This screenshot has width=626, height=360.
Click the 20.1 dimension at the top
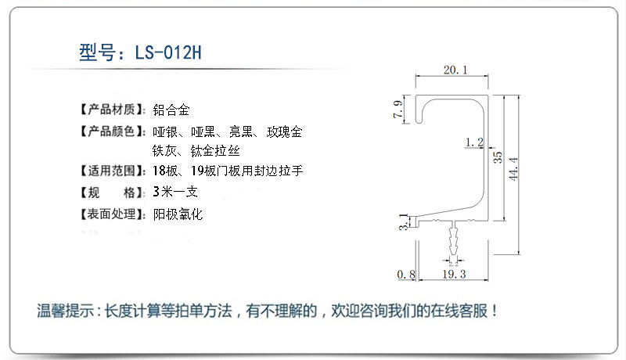point(455,70)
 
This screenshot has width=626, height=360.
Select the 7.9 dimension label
point(398,110)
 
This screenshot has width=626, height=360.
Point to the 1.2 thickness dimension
point(473,142)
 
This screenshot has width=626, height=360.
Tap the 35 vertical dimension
point(498,157)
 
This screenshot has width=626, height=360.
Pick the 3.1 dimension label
point(403,222)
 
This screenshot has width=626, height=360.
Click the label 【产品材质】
point(113,108)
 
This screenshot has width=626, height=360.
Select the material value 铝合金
point(171,108)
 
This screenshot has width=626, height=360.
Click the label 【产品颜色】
point(113,131)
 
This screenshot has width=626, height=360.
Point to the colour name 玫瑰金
point(284,131)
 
